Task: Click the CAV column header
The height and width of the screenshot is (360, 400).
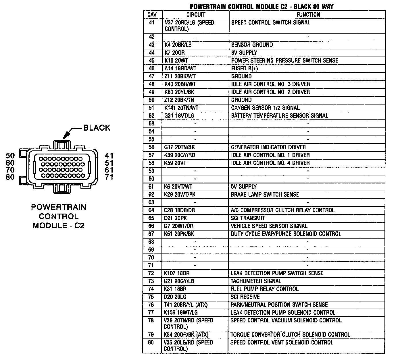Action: coord(152,15)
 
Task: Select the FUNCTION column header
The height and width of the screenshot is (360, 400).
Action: coord(308,15)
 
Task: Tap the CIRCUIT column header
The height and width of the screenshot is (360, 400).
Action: coord(196,15)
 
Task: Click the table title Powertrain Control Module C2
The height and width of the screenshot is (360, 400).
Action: coord(261,7)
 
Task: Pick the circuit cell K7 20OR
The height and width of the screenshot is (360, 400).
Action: coord(174,53)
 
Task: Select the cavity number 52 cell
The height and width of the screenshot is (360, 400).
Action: coord(152,116)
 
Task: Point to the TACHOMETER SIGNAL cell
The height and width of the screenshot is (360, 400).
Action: coord(256,281)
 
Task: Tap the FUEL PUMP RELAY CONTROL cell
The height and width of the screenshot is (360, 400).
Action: coord(264,289)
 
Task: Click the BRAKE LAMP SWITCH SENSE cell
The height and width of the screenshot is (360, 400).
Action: coord(265,195)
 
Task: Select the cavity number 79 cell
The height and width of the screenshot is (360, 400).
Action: coord(151,335)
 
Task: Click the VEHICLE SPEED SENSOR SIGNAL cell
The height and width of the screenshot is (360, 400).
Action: coord(269,226)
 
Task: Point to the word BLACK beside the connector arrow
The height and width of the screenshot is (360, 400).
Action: coord(97,128)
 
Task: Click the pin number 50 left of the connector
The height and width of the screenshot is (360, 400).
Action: coord(10,156)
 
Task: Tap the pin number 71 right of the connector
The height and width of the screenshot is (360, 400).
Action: coord(109,177)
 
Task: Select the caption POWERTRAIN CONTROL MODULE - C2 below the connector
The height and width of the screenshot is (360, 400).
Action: coord(59,216)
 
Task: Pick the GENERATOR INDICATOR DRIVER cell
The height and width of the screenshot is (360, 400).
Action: coord(268,147)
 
